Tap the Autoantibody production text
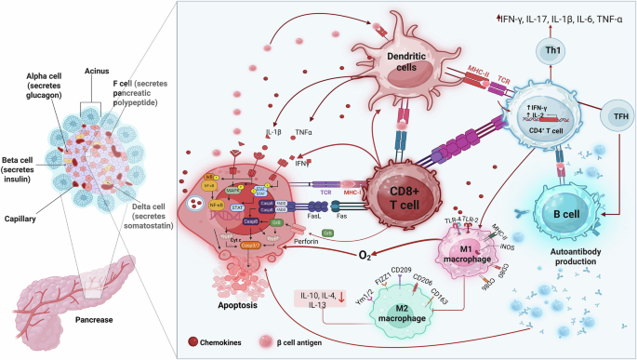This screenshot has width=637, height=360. coord(566,256)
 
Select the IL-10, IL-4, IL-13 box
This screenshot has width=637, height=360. coord(324,298)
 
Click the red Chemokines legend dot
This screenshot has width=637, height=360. coord(191,343)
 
